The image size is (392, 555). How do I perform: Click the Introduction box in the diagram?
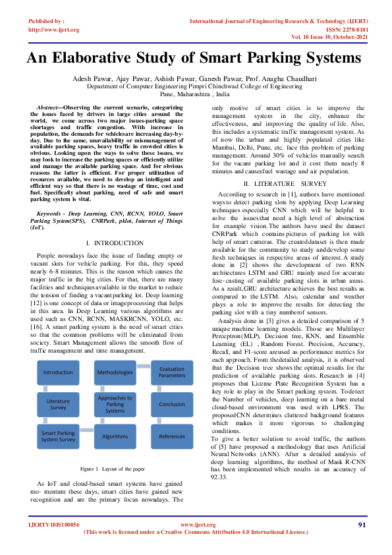pyautogui.click(x=58, y=372)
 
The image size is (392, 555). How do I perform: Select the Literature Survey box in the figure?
pyautogui.click(x=58, y=404)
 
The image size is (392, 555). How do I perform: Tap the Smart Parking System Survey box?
pyautogui.click(x=58, y=436)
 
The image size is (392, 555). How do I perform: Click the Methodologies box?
pyautogui.click(x=115, y=372)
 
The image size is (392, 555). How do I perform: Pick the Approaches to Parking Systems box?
pyautogui.click(x=115, y=404)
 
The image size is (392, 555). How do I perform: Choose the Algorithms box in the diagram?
pyautogui.click(x=115, y=436)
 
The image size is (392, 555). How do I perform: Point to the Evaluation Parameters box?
pyautogui.click(x=172, y=372)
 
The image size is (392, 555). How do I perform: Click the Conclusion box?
pyautogui.click(x=172, y=404)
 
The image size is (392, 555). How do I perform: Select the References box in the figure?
pyautogui.click(x=172, y=436)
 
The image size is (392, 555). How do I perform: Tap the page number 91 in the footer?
pyautogui.click(x=362, y=525)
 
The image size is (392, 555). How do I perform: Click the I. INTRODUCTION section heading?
pyautogui.click(x=114, y=243)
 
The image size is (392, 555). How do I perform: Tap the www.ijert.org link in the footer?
pyautogui.click(x=198, y=525)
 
